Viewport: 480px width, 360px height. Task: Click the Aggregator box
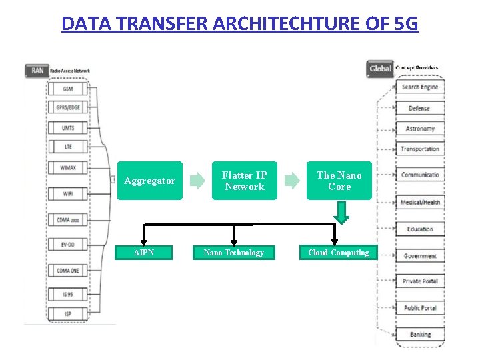coord(149,181)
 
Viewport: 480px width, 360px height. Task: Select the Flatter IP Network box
coord(244,181)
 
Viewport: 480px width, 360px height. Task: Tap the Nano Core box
coord(339,181)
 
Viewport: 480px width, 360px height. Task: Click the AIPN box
coord(143,253)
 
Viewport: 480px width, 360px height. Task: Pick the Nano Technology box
coord(233,253)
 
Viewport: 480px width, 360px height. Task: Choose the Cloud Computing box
coord(338,253)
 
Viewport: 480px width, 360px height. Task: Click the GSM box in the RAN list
coord(68,89)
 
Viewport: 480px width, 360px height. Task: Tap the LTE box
coord(68,146)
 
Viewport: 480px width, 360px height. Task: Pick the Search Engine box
coord(420,87)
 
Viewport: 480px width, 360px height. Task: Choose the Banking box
coord(420,335)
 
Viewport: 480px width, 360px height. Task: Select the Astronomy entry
coord(420,129)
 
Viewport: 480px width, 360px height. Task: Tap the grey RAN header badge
coord(36,70)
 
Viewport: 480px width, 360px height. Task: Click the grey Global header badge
coord(379,69)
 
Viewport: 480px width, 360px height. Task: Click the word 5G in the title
coord(406,24)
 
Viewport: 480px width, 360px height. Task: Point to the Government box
coord(420,256)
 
